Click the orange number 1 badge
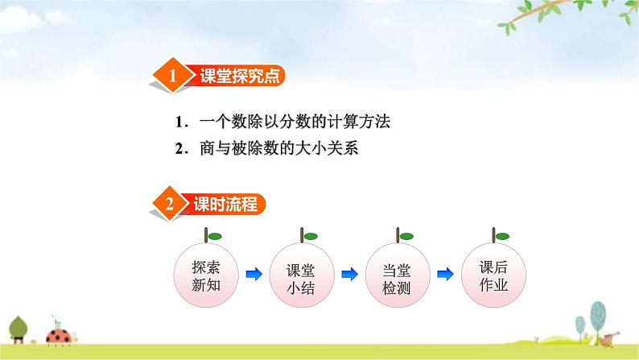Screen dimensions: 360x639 tap(172, 77)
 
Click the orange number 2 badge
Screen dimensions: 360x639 tap(170, 205)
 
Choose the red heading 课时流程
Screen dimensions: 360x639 tap(225, 205)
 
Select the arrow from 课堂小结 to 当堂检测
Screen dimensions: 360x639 tap(349, 275)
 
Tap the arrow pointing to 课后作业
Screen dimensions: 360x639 tap(444, 275)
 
